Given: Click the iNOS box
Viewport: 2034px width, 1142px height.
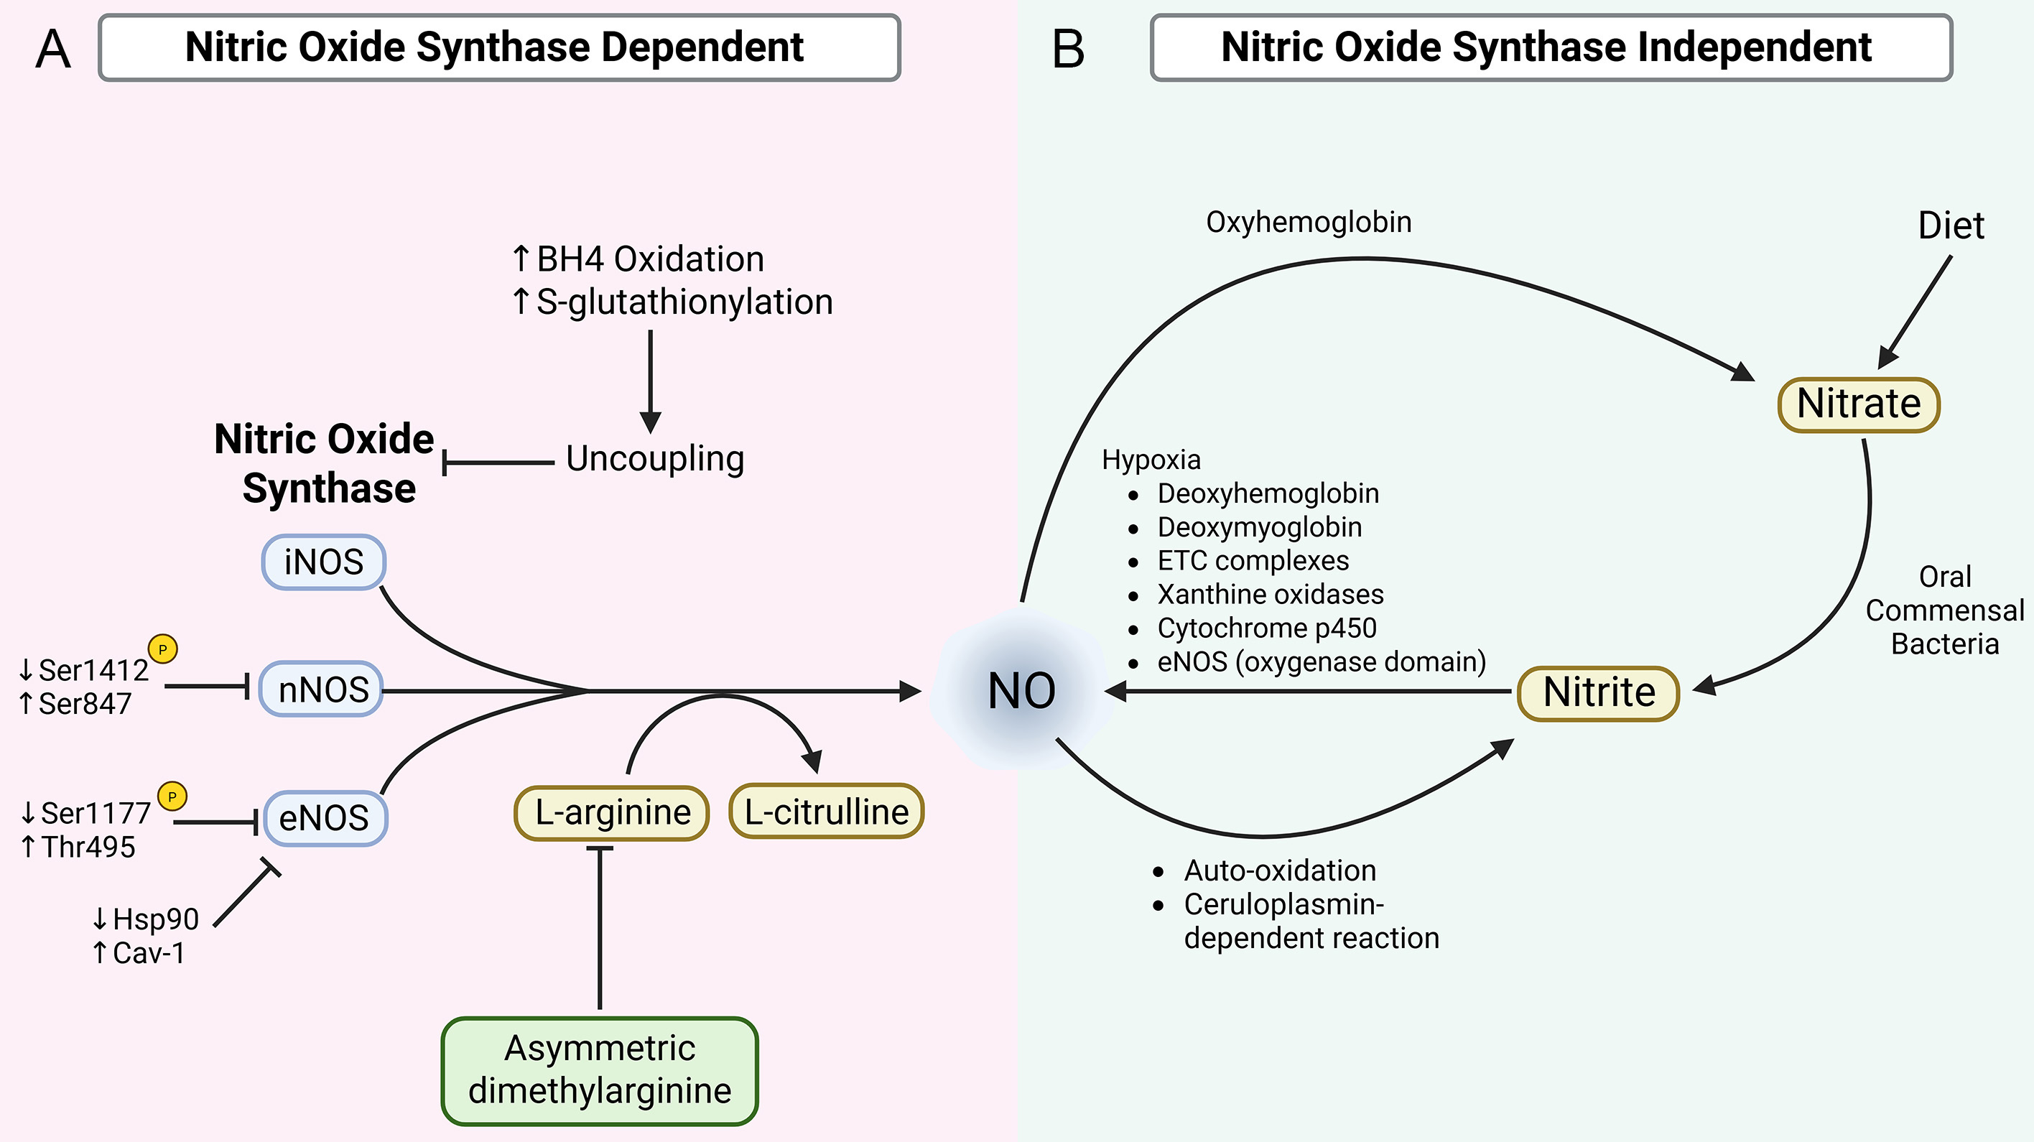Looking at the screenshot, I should [x=324, y=562].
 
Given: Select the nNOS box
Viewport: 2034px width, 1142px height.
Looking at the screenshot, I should [x=322, y=690].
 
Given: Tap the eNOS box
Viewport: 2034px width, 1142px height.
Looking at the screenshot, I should [x=325, y=818].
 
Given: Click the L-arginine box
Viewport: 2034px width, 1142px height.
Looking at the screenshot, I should [x=612, y=812].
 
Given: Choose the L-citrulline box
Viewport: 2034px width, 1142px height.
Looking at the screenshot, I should [x=826, y=812].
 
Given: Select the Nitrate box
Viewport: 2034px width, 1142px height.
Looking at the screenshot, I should [x=1858, y=404].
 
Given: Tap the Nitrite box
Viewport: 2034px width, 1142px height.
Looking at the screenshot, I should [x=1598, y=693].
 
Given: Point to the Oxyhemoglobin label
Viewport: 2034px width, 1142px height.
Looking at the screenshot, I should [x=1309, y=223].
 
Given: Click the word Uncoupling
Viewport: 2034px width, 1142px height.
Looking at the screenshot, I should [x=654, y=459].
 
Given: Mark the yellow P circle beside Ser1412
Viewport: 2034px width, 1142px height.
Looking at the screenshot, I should [x=162, y=649].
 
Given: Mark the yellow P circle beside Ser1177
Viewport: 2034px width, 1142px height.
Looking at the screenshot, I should [x=172, y=796].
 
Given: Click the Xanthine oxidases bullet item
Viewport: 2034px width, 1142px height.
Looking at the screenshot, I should [x=1270, y=595].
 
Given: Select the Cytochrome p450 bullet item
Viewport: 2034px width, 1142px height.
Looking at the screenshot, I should [x=1266, y=628].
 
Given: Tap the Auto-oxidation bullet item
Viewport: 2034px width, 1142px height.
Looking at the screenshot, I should [x=1279, y=871].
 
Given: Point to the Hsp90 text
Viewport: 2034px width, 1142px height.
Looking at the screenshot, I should [x=154, y=919].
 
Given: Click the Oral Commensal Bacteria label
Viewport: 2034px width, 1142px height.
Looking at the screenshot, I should [x=1945, y=611].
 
